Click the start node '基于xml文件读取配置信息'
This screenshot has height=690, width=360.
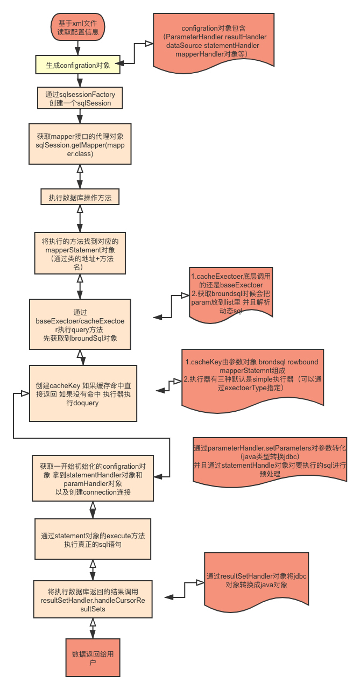pos(77,27)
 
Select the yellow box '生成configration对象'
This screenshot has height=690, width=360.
pos(77,66)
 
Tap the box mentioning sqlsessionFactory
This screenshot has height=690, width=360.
pos(80,98)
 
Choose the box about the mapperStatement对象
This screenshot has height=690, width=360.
pos(80,251)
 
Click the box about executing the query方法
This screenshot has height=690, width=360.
pos(80,325)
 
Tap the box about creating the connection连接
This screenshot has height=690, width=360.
pos(93,478)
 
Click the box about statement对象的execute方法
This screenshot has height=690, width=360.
pos(93,539)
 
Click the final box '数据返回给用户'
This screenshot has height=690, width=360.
pos(93,658)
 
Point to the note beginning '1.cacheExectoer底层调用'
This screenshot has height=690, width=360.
pos(231,291)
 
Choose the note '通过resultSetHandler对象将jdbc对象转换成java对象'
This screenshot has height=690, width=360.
pos(256,580)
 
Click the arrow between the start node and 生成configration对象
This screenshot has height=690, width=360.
pos(77,47)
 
